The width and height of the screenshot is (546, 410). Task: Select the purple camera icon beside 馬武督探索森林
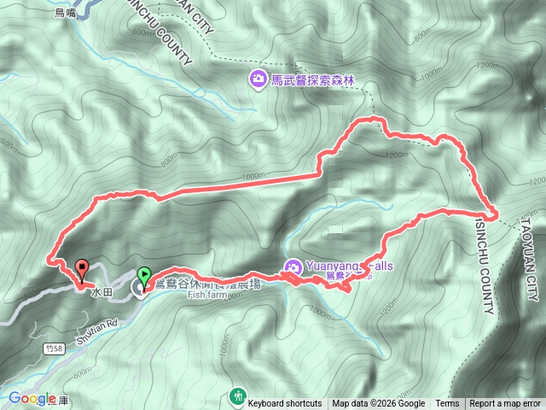pyautogui.click(x=256, y=80)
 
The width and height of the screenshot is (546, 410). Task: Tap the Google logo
pyautogui.click(x=32, y=398)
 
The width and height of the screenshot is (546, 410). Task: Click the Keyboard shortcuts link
pyautogui.click(x=285, y=404)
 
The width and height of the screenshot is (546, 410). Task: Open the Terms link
pyautogui.click(x=447, y=404)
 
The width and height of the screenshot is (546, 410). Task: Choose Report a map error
pyautogui.click(x=505, y=404)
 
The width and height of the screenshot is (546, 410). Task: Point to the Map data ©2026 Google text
pyautogui.click(x=378, y=404)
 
